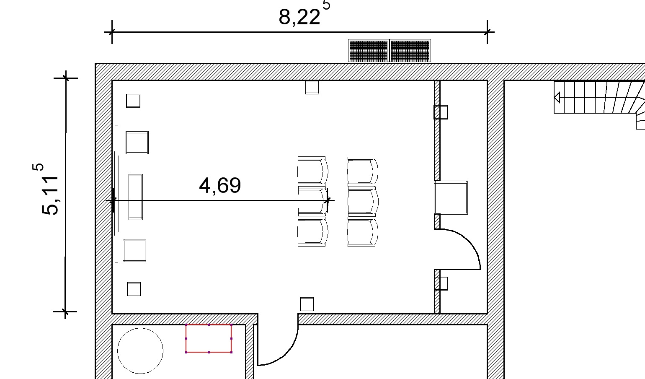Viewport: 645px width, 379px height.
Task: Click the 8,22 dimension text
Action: [299, 17]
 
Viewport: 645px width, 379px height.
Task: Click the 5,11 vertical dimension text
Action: [49, 195]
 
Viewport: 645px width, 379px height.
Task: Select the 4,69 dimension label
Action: [220, 185]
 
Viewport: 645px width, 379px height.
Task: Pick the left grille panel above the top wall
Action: [369, 51]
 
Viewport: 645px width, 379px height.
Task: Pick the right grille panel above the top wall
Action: [410, 51]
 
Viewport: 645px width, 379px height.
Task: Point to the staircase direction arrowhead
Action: [557, 97]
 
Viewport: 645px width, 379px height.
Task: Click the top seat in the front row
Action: [313, 171]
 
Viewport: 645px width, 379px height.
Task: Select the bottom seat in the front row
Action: [313, 232]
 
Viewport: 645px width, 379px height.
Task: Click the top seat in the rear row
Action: [363, 171]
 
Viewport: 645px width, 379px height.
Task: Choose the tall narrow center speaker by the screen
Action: [136, 197]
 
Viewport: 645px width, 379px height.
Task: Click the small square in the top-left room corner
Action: [133, 101]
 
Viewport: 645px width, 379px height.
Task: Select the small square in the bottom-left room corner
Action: [134, 289]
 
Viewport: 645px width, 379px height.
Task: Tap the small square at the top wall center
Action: [312, 87]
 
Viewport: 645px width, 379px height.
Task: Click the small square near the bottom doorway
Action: [307, 304]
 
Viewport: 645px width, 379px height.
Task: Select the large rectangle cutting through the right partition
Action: [451, 198]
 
